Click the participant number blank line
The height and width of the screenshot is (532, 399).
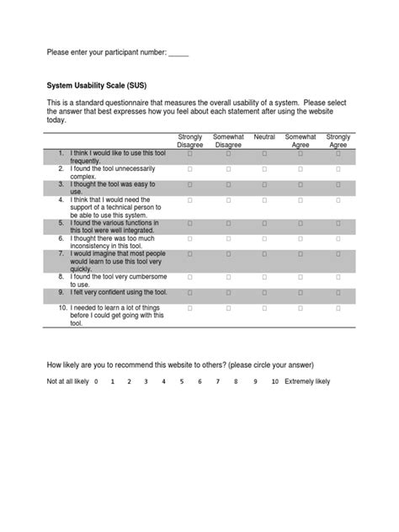click(x=178, y=55)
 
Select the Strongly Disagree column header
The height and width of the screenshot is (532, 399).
click(x=191, y=141)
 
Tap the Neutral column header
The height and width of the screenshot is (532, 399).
click(x=264, y=136)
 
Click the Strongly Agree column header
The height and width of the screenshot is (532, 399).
click(x=338, y=141)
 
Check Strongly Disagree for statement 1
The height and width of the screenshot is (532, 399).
click(x=191, y=154)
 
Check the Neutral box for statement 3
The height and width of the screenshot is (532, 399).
click(x=264, y=185)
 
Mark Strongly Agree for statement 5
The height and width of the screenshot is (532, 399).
click(x=338, y=223)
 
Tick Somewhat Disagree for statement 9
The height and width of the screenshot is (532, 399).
click(x=227, y=291)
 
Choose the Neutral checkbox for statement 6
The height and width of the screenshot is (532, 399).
click(x=264, y=238)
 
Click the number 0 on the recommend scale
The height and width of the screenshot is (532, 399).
click(x=97, y=381)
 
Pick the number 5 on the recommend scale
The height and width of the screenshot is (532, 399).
click(x=182, y=381)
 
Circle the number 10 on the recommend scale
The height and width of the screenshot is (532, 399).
click(x=274, y=381)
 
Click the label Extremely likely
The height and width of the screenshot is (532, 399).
click(x=307, y=381)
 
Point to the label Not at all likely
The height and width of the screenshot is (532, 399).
click(x=67, y=381)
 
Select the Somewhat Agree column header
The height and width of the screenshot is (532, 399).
click(x=301, y=141)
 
